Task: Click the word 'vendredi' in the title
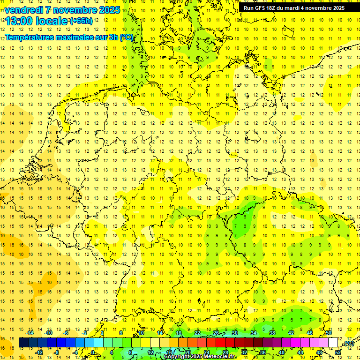(23, 10)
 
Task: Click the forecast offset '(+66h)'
(81, 21)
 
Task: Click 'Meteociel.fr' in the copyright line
(220, 357)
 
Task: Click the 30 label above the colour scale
(234, 333)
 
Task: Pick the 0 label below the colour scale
(93, 352)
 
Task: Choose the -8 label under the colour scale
(56, 352)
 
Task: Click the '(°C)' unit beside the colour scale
(348, 344)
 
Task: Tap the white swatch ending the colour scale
(333, 343)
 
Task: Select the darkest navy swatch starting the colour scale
(23, 343)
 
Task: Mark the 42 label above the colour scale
(291, 333)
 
